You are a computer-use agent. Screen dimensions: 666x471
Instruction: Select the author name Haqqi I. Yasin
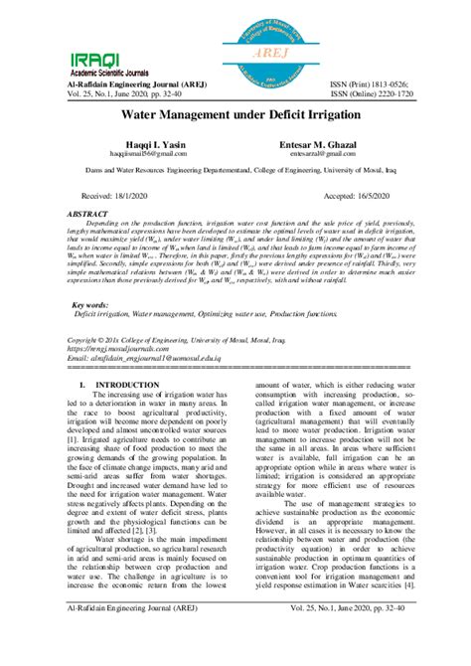pos(148,146)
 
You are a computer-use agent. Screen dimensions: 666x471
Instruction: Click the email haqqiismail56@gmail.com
pos(148,155)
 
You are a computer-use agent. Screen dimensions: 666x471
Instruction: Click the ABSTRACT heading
pos(87,214)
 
